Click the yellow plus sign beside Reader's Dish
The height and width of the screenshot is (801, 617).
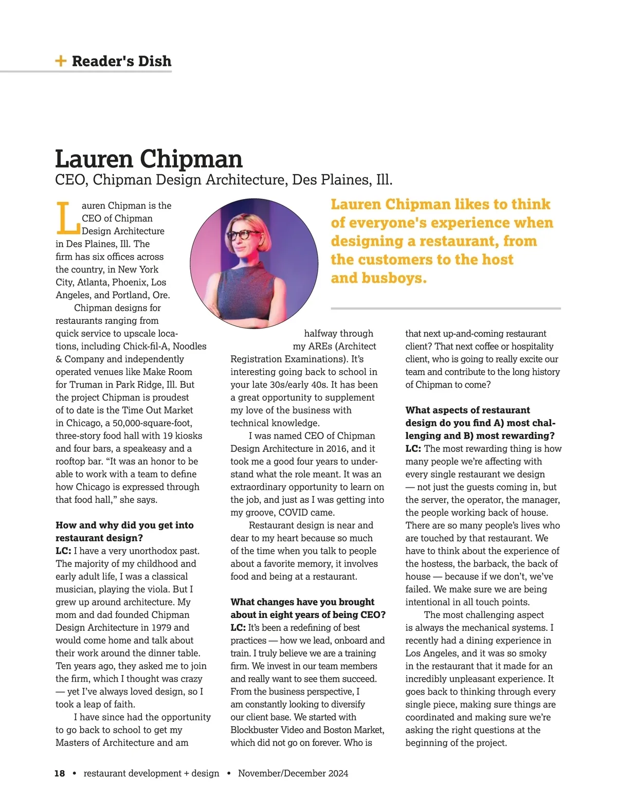(x=61, y=61)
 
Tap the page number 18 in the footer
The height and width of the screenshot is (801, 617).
(x=60, y=773)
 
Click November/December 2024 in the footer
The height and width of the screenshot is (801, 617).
(x=293, y=773)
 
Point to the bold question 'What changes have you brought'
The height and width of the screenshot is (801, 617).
(x=302, y=602)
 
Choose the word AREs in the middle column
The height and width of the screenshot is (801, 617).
(x=320, y=347)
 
